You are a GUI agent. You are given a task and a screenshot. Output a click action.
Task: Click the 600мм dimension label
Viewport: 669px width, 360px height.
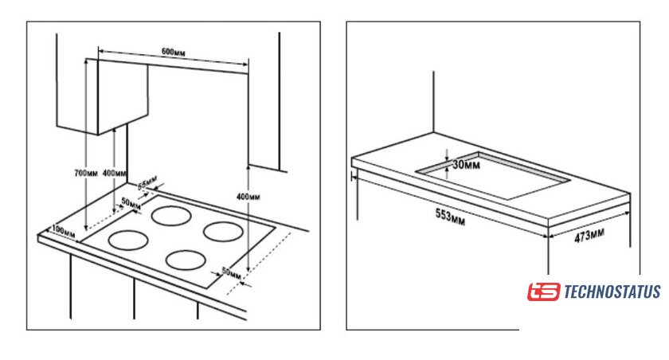click(x=174, y=52)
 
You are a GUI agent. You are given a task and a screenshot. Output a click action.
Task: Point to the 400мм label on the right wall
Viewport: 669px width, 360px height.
click(x=248, y=196)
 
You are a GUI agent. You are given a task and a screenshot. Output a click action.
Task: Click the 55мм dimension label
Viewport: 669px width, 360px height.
click(x=147, y=184)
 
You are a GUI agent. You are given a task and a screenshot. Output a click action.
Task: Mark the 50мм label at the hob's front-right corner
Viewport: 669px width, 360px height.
click(x=230, y=272)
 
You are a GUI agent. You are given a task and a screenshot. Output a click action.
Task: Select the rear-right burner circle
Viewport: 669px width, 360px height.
click(x=222, y=230)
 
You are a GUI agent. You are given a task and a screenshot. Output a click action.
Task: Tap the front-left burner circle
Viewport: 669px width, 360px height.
click(x=127, y=239)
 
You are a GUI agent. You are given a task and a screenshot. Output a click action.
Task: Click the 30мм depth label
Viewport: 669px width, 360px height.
click(x=467, y=165)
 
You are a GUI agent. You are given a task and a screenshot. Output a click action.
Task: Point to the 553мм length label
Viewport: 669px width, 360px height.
click(x=450, y=215)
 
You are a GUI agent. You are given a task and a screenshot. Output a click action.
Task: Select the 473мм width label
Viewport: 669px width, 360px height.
click(x=589, y=235)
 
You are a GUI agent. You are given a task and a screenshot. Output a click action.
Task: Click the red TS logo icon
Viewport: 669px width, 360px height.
click(x=543, y=292)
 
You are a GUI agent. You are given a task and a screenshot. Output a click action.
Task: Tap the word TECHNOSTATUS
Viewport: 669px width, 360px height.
click(x=612, y=292)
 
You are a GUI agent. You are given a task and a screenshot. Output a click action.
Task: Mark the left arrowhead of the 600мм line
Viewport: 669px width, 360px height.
click(x=99, y=57)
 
